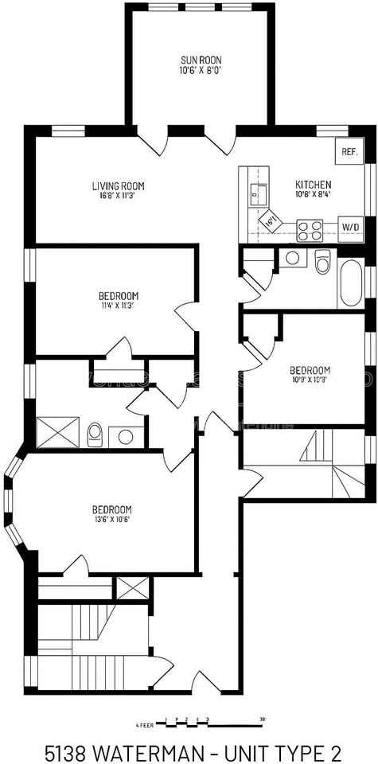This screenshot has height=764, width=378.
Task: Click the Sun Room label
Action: pos(200,60)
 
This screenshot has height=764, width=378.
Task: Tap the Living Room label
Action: pos(118,186)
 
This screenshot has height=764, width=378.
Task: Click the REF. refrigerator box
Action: pos(349,151)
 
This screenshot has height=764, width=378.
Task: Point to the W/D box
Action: pos(350,227)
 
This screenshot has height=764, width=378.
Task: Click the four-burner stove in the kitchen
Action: pos(310,229)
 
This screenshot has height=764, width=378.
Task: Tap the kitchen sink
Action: pos(256,191)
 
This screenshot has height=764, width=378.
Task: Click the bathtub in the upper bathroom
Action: pos(351,283)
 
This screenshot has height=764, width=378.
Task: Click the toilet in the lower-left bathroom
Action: pos(95,434)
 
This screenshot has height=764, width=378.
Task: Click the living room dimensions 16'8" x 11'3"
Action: pos(118,196)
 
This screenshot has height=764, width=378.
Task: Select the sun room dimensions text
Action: pos(200,70)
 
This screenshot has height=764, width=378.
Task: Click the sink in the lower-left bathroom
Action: pos(125,435)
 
